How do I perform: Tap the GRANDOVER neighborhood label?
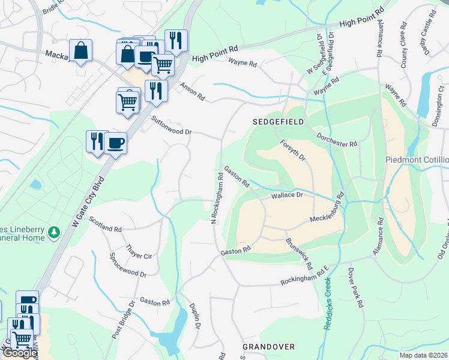268,347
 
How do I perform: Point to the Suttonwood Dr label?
171,125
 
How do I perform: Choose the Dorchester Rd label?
337,140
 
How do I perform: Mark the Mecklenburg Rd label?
327,210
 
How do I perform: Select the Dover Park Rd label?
355,288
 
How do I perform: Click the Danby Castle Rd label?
427,39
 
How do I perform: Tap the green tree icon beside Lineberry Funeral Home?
54,232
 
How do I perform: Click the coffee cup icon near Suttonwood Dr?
115,143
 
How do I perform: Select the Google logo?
20,353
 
